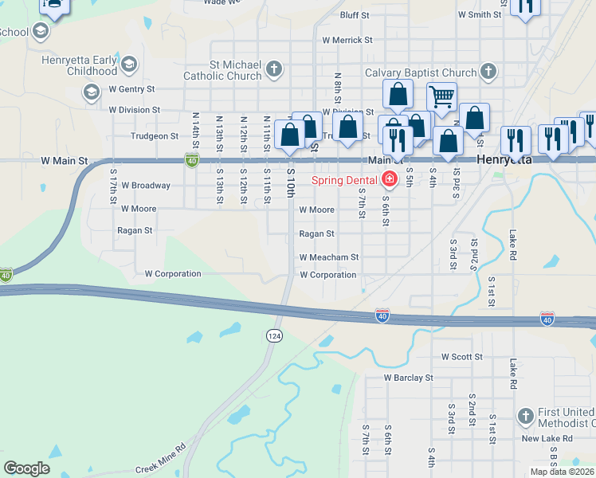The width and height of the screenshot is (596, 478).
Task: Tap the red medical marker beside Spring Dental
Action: [390, 178]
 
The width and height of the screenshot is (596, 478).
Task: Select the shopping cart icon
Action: [441, 97]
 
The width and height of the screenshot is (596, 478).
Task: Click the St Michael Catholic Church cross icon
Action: [273, 68]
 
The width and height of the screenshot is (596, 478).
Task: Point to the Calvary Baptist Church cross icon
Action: [488, 72]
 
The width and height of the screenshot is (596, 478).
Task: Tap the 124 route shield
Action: [274, 336]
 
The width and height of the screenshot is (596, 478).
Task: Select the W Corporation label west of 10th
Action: [173, 274]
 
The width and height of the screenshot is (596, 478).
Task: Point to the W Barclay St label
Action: [408, 378]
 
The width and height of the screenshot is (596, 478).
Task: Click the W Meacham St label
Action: [329, 257]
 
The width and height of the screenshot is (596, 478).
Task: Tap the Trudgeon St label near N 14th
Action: [155, 136]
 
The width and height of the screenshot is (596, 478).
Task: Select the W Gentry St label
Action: [131, 89]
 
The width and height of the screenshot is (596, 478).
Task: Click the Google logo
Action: [26, 468]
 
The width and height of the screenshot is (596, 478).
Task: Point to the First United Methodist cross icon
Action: [525, 416]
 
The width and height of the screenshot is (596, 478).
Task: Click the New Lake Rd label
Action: [547, 438]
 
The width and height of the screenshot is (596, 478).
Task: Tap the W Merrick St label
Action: [347, 40]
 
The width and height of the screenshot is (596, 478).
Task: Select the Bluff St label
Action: [355, 15]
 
